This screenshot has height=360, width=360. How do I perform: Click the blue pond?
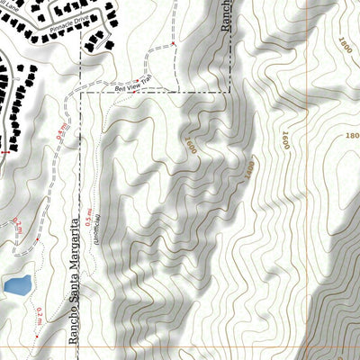coord(16,286)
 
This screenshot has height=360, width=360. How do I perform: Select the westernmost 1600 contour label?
coord(189,144)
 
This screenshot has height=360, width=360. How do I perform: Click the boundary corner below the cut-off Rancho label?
coord(230,91)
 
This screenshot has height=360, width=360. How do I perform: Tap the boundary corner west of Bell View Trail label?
coord(81,91)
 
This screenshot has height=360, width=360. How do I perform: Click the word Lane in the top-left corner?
coord(17,9)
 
